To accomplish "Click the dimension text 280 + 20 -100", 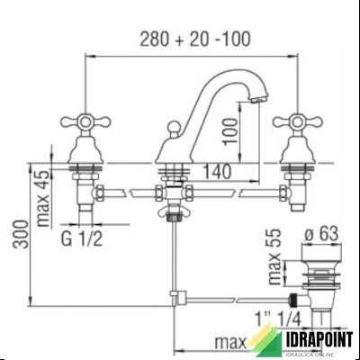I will (x=195, y=40).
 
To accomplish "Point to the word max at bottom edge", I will (x=229, y=343).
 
